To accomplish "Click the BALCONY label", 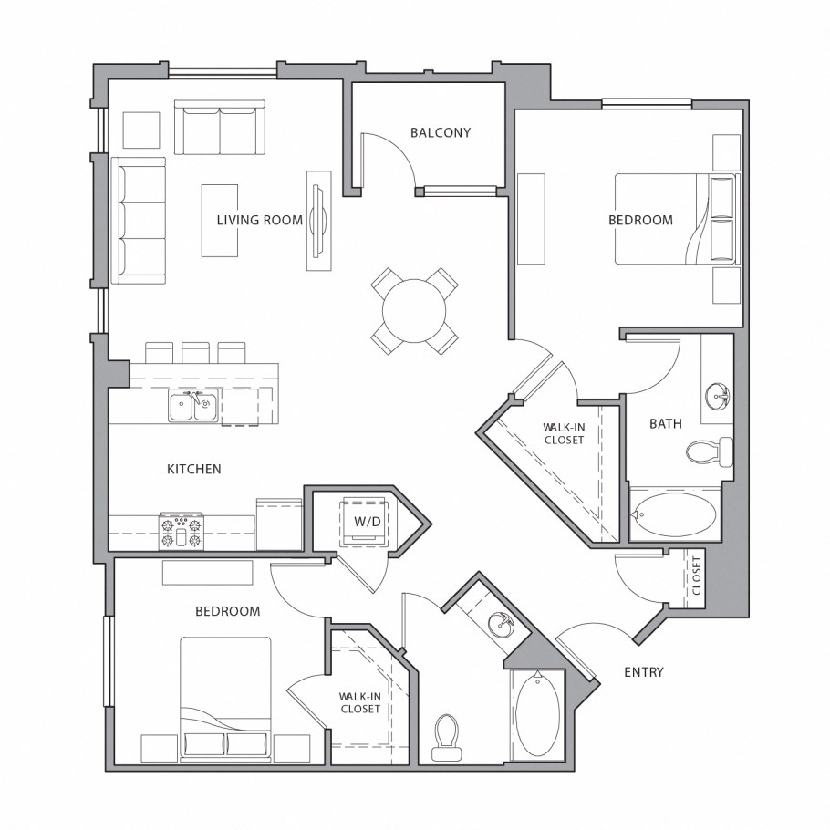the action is [441, 132].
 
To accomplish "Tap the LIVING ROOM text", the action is [260, 220].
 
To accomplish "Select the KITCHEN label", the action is [194, 469].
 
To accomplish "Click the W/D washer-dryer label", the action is [368, 522].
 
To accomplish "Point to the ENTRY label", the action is [644, 672].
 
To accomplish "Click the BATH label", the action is [666, 423].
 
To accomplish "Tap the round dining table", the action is [414, 311].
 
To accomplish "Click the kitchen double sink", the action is [193, 406].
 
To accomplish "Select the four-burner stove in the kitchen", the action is [182, 531].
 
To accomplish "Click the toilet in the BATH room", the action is [710, 451].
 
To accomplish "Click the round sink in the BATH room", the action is [718, 395].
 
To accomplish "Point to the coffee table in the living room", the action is [220, 221].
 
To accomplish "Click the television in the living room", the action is [318, 221].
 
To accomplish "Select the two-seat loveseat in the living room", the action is [220, 127].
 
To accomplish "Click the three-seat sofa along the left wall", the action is [138, 221].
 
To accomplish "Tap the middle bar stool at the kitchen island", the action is [195, 353].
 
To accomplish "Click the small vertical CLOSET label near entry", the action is [696, 576].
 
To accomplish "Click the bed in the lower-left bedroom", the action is [225, 700].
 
